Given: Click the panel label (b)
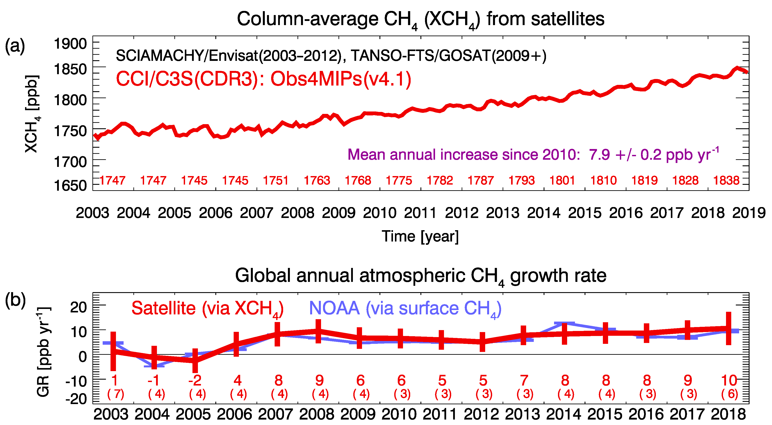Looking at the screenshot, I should click(15, 300).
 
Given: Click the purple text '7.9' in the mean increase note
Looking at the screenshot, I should click(599, 155).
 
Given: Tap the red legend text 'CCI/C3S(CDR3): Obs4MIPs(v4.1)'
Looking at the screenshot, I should click(264, 79).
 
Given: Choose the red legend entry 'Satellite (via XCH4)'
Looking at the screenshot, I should click(207, 308).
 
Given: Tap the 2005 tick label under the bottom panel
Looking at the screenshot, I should click(193, 415).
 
